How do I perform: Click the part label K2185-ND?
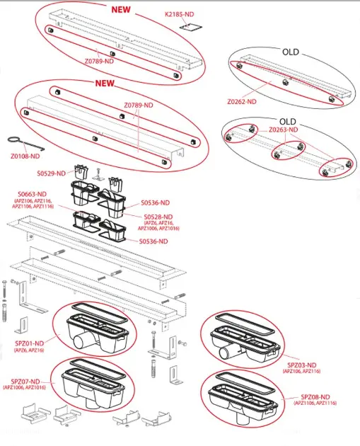tap(179, 14)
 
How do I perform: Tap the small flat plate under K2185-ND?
tap(191, 28)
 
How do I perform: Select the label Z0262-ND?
tap(241, 101)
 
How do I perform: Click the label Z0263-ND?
tap(284, 130)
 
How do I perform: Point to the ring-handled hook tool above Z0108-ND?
tap(25, 143)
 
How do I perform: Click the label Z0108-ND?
tap(25, 156)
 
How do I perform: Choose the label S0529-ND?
tap(51, 173)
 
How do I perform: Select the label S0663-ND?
tap(32, 194)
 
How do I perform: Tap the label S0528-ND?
tap(158, 217)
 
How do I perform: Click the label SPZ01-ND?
tap(29, 343)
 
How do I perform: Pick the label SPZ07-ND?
tap(25, 382)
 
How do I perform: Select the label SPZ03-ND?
tap(302, 365)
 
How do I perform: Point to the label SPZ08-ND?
tap(315, 396)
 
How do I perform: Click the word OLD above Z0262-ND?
tap(291, 52)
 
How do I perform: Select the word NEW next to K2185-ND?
tap(121, 9)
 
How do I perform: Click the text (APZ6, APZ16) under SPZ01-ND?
tap(29, 350)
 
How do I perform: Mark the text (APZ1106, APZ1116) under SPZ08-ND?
tap(315, 403)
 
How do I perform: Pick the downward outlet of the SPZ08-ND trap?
tap(243, 418)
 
